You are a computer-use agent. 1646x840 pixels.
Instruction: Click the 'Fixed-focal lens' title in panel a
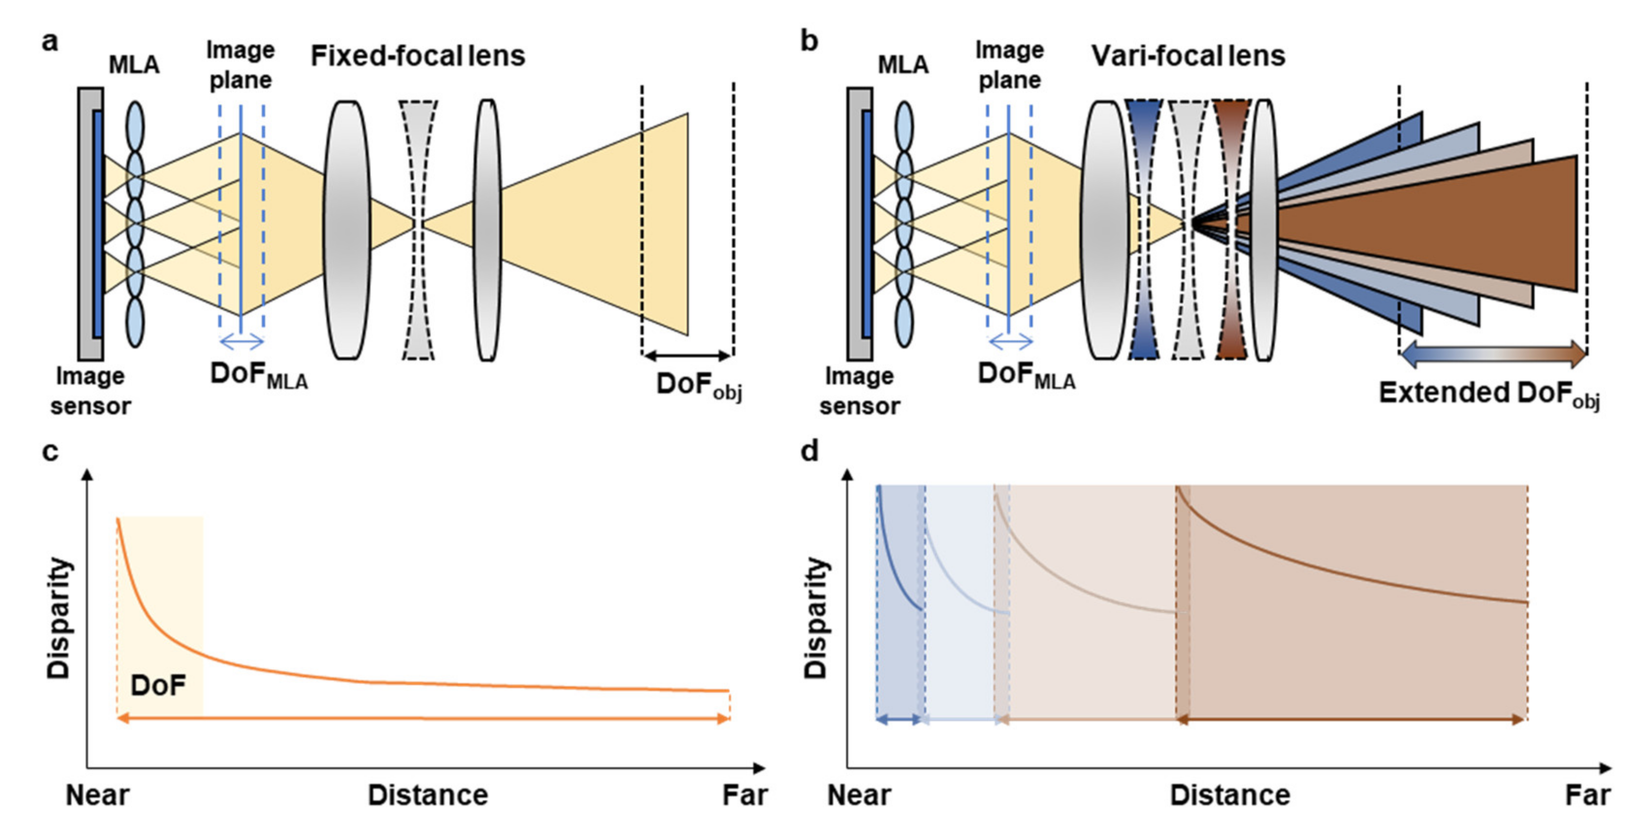coord(418,56)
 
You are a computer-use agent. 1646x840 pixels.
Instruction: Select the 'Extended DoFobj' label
coord(1489,394)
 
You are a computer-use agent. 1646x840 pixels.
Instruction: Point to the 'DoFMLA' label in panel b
coord(1026,377)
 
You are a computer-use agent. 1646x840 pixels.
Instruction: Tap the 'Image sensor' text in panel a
coord(90,391)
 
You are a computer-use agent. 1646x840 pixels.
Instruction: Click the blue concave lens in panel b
coord(1144,230)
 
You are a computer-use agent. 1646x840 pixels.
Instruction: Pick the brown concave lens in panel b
coord(1231,230)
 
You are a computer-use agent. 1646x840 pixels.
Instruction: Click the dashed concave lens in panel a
coord(419,230)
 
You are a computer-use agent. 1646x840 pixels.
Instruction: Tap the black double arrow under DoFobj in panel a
coord(687,355)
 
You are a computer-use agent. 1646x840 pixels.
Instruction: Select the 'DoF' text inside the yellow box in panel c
coord(158,686)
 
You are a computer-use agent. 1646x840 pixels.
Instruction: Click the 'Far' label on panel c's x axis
coord(744,796)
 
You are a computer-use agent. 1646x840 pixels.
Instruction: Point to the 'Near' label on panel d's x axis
coord(859,796)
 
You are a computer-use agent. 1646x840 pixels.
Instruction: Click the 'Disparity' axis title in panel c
coord(59,618)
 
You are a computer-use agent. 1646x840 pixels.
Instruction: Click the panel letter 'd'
coord(809,452)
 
